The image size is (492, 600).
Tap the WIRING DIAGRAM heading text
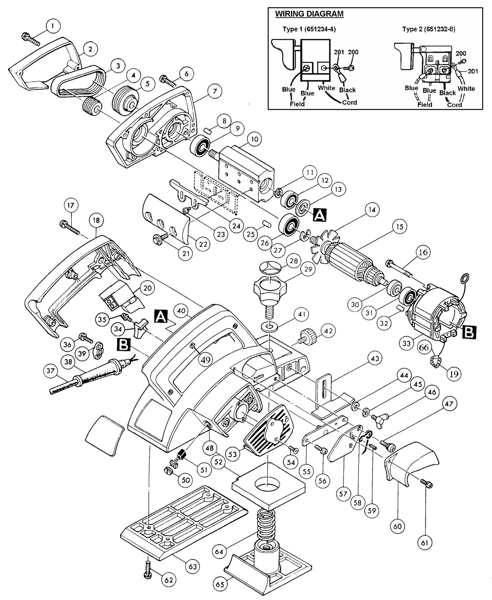coord(309,14)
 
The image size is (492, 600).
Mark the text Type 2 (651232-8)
coord(429,29)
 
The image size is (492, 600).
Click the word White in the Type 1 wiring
coord(327,88)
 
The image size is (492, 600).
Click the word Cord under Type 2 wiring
coord(454,105)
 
